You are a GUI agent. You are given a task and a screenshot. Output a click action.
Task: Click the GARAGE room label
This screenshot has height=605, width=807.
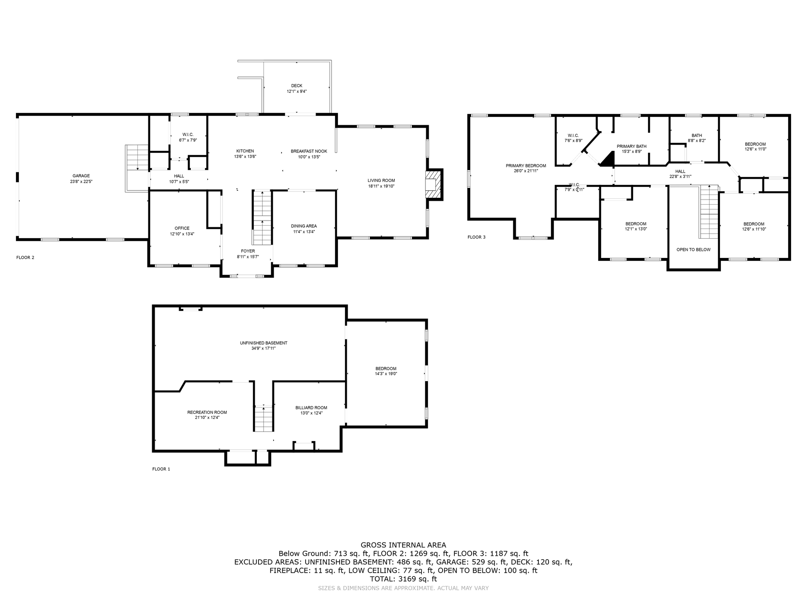(x=81, y=176)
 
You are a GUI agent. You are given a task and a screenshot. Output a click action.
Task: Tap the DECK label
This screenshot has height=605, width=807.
(x=297, y=86)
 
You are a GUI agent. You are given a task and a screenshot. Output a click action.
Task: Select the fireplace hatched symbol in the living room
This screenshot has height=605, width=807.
(x=433, y=184)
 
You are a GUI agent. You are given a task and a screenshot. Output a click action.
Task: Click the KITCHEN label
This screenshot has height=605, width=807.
(x=245, y=151)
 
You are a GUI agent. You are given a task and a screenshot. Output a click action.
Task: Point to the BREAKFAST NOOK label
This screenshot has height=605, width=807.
(x=309, y=151)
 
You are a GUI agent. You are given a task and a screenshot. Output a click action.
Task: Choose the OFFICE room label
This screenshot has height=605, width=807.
(x=182, y=228)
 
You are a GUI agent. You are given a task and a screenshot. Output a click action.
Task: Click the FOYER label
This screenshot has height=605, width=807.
(x=248, y=251)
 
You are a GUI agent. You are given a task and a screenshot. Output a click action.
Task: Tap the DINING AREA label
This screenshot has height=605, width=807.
(x=304, y=226)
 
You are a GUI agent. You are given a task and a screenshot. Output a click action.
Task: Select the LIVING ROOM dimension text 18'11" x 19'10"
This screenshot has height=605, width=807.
(x=381, y=186)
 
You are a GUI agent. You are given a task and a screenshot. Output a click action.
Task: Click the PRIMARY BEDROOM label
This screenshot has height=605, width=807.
(x=526, y=166)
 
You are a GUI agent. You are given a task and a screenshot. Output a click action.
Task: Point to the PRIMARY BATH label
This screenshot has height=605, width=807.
(x=632, y=146)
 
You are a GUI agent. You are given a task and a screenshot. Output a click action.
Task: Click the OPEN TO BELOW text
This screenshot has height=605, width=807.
(x=694, y=250)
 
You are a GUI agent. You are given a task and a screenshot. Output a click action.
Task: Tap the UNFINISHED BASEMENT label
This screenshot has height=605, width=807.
(x=264, y=343)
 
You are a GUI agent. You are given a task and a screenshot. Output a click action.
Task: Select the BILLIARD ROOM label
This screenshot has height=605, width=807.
(x=311, y=408)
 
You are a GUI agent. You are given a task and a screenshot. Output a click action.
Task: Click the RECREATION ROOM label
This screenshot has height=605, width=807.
(x=207, y=413)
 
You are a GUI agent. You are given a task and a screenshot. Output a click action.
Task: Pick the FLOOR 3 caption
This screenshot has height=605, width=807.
(x=477, y=237)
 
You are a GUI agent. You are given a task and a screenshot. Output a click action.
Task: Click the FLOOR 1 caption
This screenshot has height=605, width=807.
(x=161, y=469)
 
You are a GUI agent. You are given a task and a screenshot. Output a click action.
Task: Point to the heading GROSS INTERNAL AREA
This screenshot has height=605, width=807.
(x=403, y=545)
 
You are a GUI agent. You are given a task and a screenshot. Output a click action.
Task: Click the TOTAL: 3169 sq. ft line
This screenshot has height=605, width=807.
(x=403, y=579)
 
